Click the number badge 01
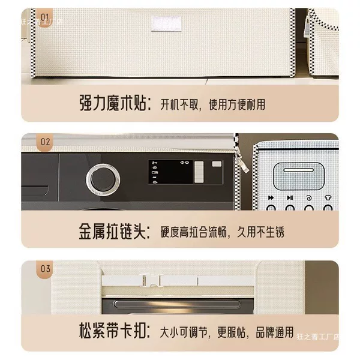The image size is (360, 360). (x=45, y=17)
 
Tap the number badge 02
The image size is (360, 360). (x=45, y=142)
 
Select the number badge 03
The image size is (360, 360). (x=45, y=269)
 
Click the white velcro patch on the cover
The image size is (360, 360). (x=166, y=24)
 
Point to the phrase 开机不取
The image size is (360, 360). (x=179, y=104)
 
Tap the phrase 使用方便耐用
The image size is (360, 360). (x=237, y=104)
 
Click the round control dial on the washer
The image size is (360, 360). (x=103, y=179)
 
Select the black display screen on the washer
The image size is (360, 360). (x=170, y=172)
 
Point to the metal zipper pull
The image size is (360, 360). (x=244, y=161)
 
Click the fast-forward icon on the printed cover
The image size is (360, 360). (x=271, y=197)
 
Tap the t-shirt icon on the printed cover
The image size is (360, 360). (x=328, y=197)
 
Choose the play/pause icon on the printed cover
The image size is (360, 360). (x=290, y=197)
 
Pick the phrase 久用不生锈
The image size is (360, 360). (x=260, y=232)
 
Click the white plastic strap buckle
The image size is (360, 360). (x=151, y=280)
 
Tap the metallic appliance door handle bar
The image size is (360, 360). (x=177, y=304)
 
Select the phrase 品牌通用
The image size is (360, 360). (x=275, y=332)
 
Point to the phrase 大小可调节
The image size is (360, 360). (x=184, y=332)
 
